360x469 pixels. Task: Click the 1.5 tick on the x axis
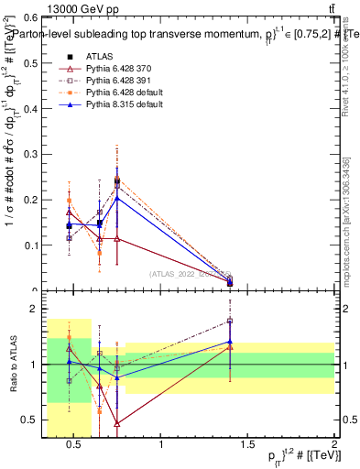click(x=248, y=445)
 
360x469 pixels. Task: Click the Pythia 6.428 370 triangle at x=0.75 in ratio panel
click(x=117, y=423)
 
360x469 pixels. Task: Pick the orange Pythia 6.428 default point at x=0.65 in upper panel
click(x=100, y=254)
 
